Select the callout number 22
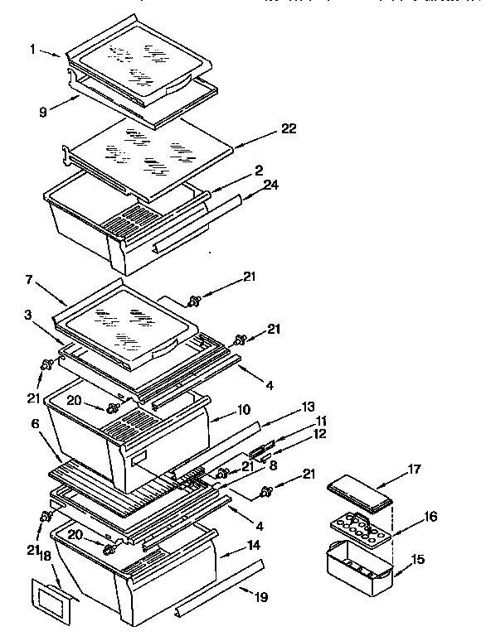click(x=289, y=128)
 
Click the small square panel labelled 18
click(x=50, y=597)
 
